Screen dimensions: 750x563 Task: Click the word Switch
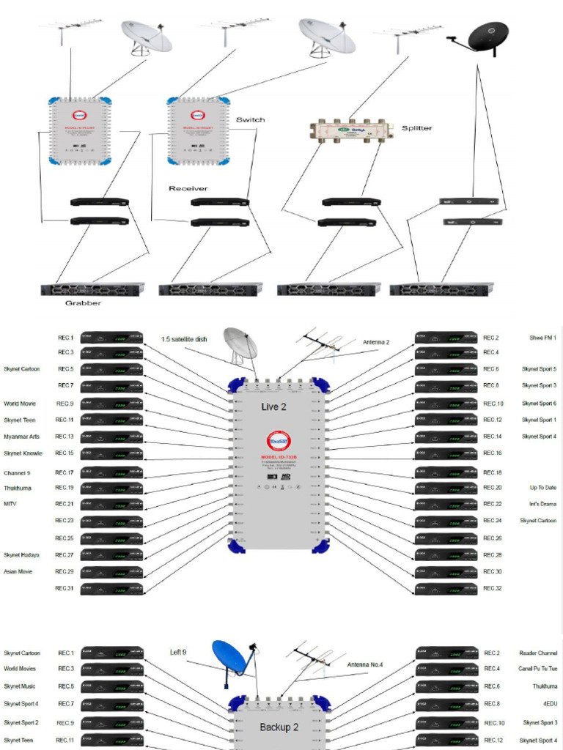tap(250, 119)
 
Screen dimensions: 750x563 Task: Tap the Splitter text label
tap(416, 128)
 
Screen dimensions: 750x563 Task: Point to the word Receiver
tap(188, 188)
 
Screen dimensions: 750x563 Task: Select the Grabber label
tap(82, 302)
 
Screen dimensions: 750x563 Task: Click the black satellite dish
tap(487, 37)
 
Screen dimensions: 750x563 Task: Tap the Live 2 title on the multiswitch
tap(273, 406)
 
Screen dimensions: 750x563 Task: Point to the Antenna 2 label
tap(376, 342)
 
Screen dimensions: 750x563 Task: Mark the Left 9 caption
tap(178, 652)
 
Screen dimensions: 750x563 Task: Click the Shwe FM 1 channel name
tap(542, 338)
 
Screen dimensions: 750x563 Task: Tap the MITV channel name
tap(10, 504)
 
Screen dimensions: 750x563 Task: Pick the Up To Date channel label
tap(542, 487)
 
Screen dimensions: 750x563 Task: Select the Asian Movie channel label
tap(18, 571)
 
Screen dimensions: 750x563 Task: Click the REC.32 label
tap(492, 588)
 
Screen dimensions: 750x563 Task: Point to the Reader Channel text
tap(538, 653)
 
